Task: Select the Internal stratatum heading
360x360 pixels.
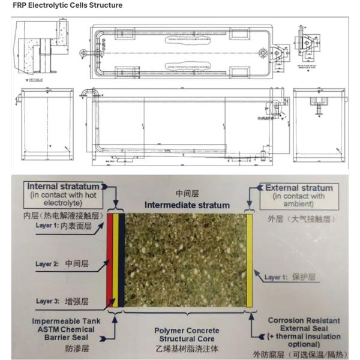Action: [63, 187]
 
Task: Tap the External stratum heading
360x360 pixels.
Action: [298, 188]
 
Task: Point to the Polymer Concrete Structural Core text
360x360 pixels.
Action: [187, 335]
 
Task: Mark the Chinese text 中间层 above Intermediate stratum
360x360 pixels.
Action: [187, 194]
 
